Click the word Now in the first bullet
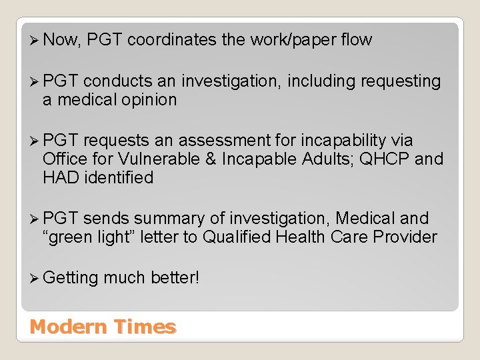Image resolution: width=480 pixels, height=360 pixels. pos(62,41)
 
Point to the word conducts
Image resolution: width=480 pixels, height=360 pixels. pos(118,82)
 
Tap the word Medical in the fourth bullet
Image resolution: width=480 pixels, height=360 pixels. pos(367,219)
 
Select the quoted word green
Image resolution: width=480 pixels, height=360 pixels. pos(71,237)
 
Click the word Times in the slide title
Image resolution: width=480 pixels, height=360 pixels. pos(145,327)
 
